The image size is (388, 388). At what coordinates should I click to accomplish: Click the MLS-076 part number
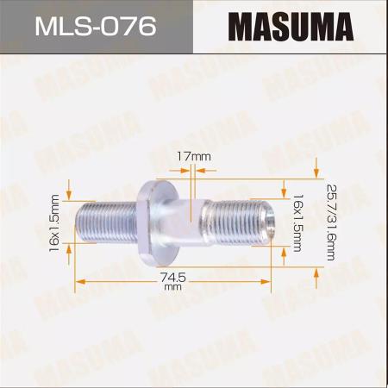(x=96, y=27)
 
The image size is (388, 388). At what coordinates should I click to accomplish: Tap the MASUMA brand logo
(x=291, y=27)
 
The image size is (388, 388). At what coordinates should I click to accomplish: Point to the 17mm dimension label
(x=193, y=157)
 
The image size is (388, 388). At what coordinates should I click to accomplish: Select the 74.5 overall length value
(x=173, y=278)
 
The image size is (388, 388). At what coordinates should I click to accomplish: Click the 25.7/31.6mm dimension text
(x=331, y=222)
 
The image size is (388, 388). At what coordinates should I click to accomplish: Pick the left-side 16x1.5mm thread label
(x=54, y=223)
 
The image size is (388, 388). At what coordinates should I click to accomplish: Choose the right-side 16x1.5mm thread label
(x=298, y=223)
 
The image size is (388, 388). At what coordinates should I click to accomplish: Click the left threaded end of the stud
(x=106, y=222)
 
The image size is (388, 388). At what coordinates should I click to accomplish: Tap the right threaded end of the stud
(x=240, y=222)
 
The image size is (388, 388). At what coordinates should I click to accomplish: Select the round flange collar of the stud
(x=158, y=222)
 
